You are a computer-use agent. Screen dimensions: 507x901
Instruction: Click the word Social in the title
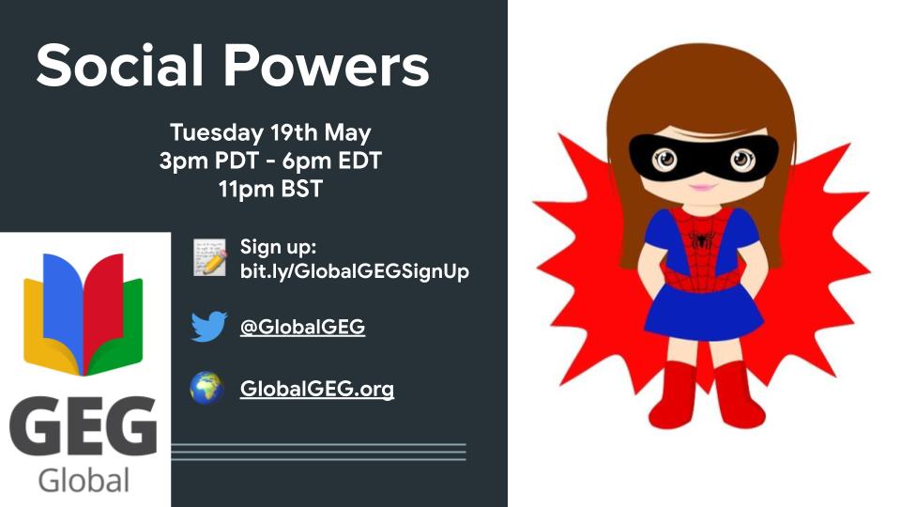(x=119, y=67)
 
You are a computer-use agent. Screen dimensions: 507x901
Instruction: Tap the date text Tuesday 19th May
(x=270, y=132)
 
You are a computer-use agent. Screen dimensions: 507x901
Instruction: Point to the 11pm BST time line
(x=270, y=189)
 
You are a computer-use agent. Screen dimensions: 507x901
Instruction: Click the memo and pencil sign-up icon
(x=209, y=257)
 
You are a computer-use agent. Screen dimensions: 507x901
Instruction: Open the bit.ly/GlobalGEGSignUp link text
(x=355, y=271)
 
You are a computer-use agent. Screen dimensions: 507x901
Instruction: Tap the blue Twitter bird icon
(x=208, y=327)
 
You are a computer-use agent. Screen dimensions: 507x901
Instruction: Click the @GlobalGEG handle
(x=302, y=327)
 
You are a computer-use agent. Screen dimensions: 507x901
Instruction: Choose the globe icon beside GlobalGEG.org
(x=207, y=388)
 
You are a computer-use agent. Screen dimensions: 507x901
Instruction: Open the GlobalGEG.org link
(x=317, y=388)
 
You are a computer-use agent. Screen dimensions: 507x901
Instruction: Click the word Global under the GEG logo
(x=84, y=481)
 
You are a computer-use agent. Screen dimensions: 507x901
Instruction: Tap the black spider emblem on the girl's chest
(x=699, y=239)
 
